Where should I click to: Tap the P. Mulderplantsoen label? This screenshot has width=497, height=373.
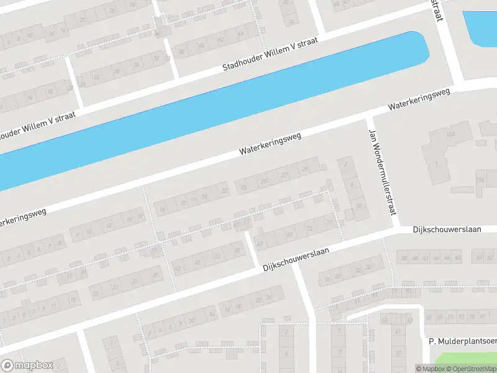pos(462,341)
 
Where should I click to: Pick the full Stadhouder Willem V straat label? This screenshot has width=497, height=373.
pos(271,53)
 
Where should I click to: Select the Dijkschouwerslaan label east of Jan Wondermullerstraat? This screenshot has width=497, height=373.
pos(447,229)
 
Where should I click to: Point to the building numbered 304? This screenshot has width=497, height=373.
pos(450,134)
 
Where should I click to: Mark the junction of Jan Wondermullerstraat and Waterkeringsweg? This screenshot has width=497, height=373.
pos(370,116)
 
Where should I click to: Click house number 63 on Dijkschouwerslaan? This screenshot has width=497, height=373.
pos(260,242)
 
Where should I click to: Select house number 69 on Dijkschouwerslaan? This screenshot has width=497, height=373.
pos(290,234)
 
